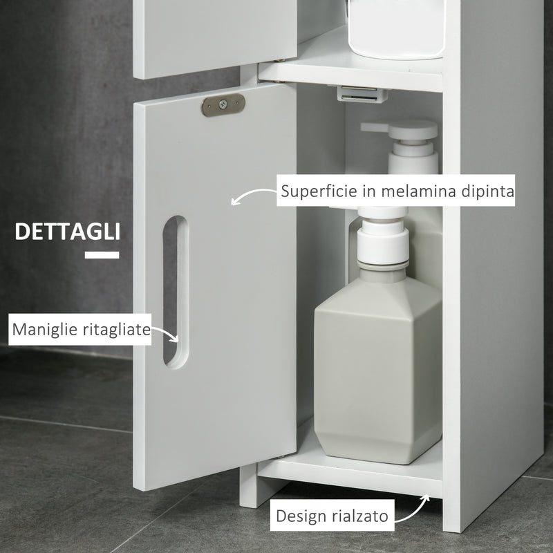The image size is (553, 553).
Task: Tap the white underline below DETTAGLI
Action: [x=102, y=255]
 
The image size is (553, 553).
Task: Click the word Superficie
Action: [x=317, y=191]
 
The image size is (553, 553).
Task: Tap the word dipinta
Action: [x=487, y=191]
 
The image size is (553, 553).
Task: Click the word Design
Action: [x=302, y=515]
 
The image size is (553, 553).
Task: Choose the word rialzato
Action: [x=362, y=515]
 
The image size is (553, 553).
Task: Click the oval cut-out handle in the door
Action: [x=174, y=290]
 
